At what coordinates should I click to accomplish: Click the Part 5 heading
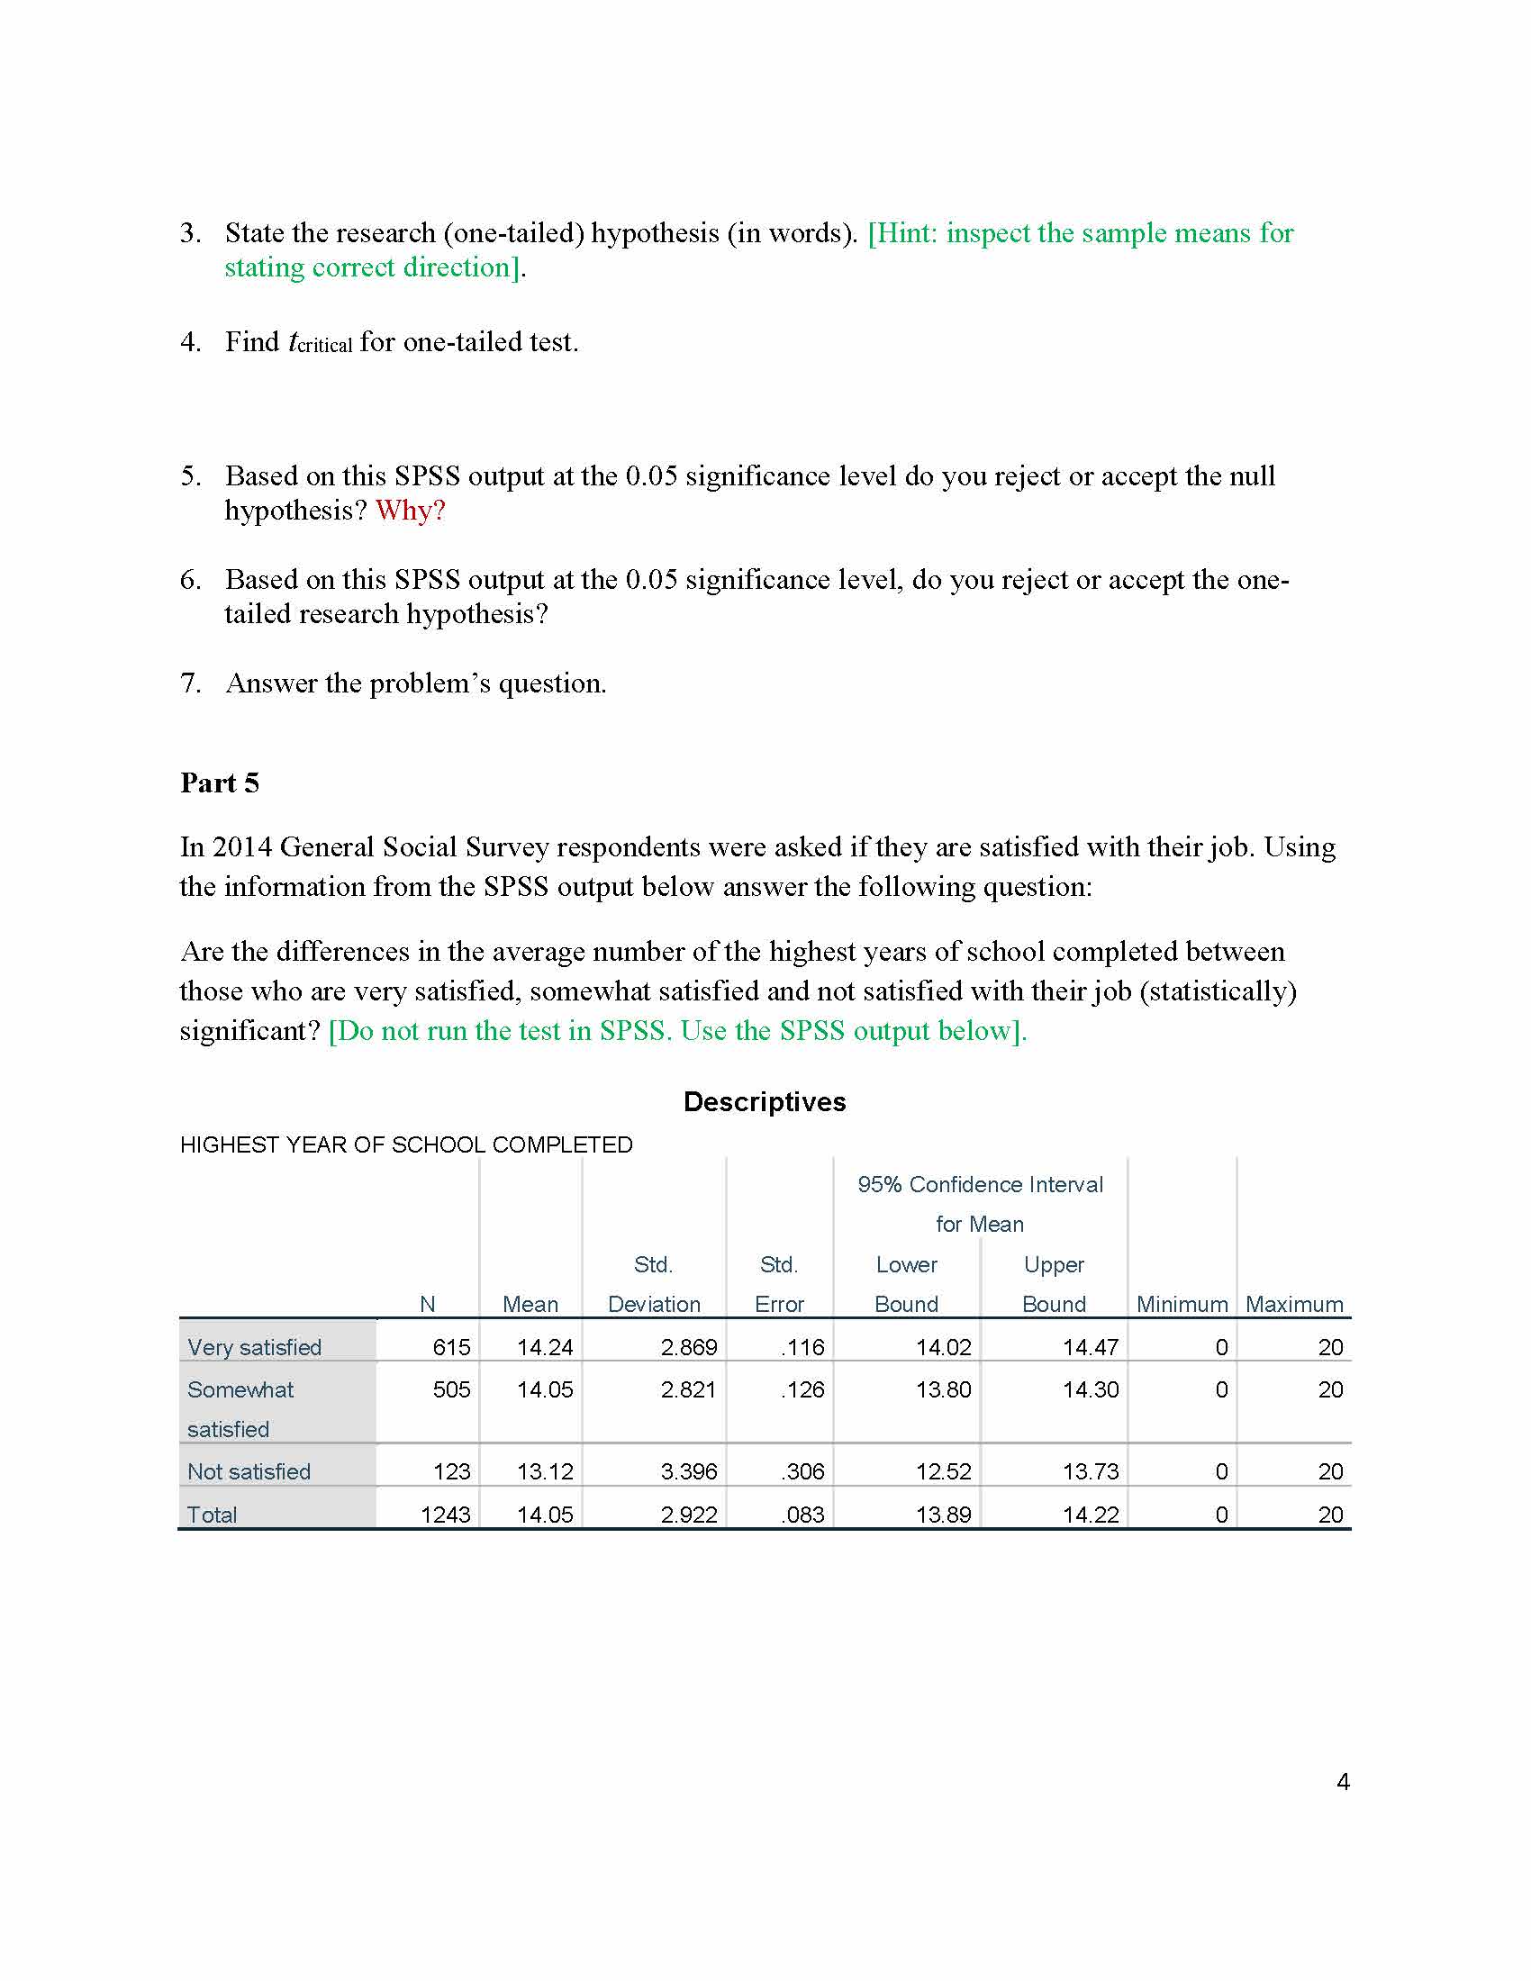pyautogui.click(x=220, y=782)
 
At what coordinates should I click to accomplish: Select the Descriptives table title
pyautogui.click(x=764, y=1101)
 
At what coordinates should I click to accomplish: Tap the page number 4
pyautogui.click(x=1343, y=1781)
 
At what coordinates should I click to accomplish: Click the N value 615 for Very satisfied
pyautogui.click(x=451, y=1347)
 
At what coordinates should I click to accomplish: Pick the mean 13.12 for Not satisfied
pyautogui.click(x=544, y=1471)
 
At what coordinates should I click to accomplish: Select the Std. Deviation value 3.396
pyautogui.click(x=688, y=1471)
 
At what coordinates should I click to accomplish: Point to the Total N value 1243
pyautogui.click(x=445, y=1514)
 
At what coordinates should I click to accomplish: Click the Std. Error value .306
pyautogui.click(x=802, y=1471)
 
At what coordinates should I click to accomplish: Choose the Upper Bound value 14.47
pyautogui.click(x=1091, y=1347)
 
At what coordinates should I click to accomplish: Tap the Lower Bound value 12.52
pyautogui.click(x=943, y=1471)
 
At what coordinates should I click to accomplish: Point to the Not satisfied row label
pyautogui.click(x=249, y=1471)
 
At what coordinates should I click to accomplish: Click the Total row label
pyautogui.click(x=212, y=1514)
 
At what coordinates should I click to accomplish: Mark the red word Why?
pyautogui.click(x=410, y=511)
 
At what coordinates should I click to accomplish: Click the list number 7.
pyautogui.click(x=189, y=683)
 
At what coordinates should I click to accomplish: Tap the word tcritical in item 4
pyautogui.click(x=320, y=343)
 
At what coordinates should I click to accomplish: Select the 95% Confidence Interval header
pyautogui.click(x=980, y=1185)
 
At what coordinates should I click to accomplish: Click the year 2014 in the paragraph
pyautogui.click(x=242, y=847)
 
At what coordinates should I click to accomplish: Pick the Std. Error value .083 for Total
pyautogui.click(x=802, y=1514)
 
